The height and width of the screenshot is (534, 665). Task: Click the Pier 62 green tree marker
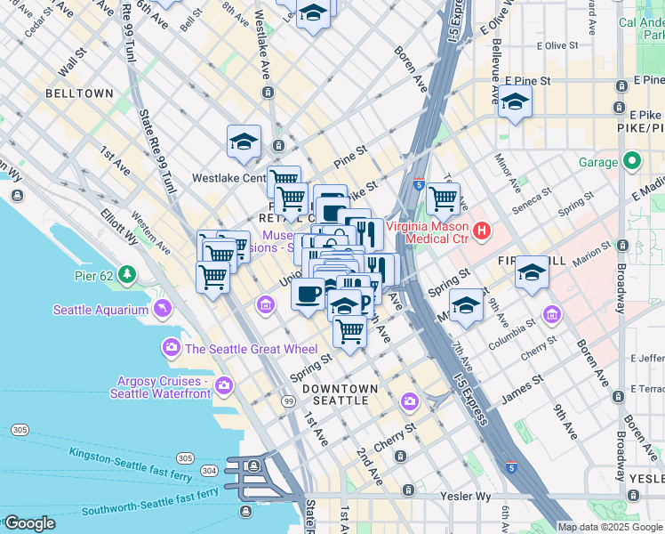129,273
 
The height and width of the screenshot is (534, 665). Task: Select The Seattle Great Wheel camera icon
168,347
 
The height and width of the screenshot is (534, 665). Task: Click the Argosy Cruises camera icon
223,386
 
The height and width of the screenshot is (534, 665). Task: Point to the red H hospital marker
482,231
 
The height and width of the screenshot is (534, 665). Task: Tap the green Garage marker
632,162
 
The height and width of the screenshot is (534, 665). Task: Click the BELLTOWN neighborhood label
79,93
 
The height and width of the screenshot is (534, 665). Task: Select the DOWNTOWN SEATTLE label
340,394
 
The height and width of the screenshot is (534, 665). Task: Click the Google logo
29,523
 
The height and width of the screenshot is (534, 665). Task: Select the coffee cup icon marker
308,293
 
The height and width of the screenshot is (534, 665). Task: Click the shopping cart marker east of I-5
443,199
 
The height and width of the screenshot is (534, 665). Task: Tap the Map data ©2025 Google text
610,527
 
